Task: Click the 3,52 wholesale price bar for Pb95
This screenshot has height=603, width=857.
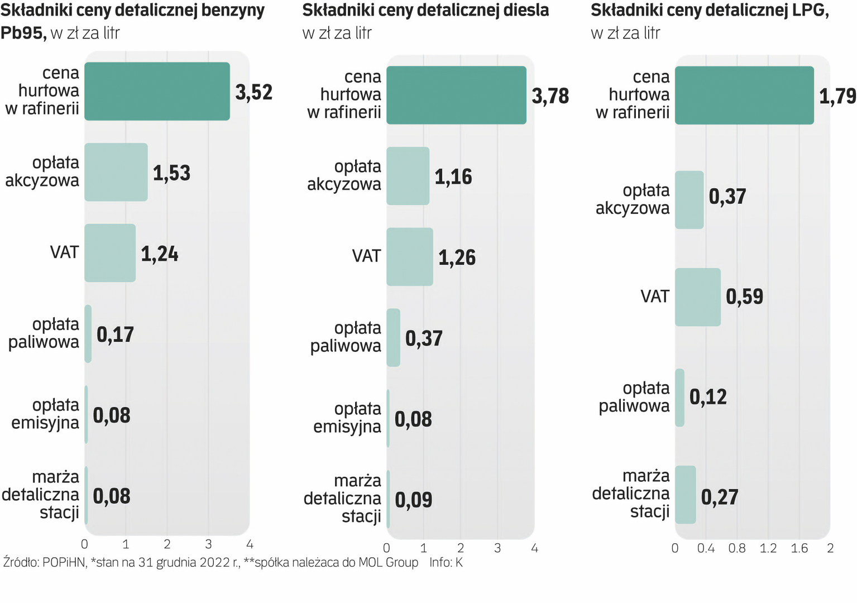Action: click(x=157, y=91)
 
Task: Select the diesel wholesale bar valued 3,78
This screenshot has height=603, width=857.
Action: click(x=456, y=95)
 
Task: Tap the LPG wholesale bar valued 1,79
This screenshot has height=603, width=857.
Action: click(x=744, y=95)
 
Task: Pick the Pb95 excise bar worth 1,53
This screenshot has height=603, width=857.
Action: click(x=116, y=172)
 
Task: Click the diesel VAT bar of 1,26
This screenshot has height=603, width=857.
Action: click(x=410, y=257)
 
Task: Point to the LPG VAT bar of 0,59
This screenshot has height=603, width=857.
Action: click(x=698, y=297)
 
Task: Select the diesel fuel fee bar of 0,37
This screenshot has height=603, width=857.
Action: click(x=394, y=338)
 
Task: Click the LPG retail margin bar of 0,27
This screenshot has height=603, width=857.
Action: click(x=686, y=495)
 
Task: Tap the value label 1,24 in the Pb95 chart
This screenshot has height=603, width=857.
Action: click(x=160, y=254)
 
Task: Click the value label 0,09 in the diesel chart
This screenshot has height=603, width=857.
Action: click(x=414, y=500)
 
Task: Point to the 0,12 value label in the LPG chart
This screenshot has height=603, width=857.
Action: click(x=708, y=397)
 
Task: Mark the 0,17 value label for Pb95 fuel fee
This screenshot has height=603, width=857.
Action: click(x=116, y=334)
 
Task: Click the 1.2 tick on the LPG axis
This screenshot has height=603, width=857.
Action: click(x=768, y=548)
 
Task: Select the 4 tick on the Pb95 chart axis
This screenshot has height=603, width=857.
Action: click(x=250, y=544)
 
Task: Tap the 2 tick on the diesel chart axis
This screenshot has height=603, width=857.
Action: click(x=461, y=548)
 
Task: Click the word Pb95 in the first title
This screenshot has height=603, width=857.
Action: click(x=23, y=33)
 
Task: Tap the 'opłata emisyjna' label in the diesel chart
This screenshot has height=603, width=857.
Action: click(x=347, y=418)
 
